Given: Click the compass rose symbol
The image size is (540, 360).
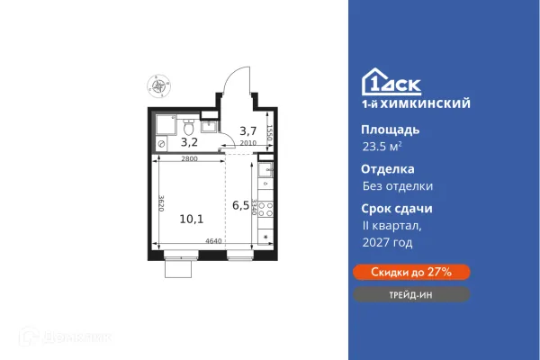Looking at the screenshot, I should [160, 87].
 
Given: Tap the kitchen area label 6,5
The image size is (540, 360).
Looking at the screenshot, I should [240, 205].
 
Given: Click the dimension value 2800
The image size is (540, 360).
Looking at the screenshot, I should [188, 159].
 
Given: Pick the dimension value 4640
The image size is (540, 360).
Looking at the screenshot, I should [214, 241].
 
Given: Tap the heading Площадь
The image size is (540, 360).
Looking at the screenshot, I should [383, 130].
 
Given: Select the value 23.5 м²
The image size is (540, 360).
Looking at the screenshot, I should [382, 148].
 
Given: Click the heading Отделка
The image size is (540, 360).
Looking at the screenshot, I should [382, 168].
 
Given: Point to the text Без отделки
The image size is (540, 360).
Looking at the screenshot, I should [391, 186].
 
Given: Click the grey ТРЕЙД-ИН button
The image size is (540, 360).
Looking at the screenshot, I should [410, 294].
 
